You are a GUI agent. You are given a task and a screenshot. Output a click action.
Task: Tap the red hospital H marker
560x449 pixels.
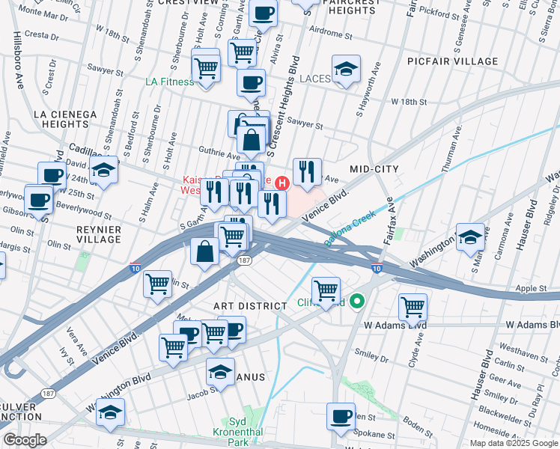coord(282,183)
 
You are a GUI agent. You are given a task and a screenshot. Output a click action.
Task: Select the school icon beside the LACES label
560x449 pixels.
coord(345,71)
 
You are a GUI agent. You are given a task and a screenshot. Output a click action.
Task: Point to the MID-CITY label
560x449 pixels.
coord(374,170)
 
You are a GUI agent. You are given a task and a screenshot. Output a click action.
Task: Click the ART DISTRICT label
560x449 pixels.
coord(250,306)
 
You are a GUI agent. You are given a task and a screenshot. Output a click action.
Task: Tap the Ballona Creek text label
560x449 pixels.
coord(348,228)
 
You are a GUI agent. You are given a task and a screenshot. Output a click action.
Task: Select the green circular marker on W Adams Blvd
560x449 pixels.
coord(358,302)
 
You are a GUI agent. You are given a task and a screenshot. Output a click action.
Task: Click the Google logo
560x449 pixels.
coord(25,440)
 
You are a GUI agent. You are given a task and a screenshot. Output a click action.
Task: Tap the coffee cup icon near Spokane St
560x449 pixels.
coord(342,416)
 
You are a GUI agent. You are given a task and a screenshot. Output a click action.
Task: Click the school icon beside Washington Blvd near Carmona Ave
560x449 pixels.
coord(470,236)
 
